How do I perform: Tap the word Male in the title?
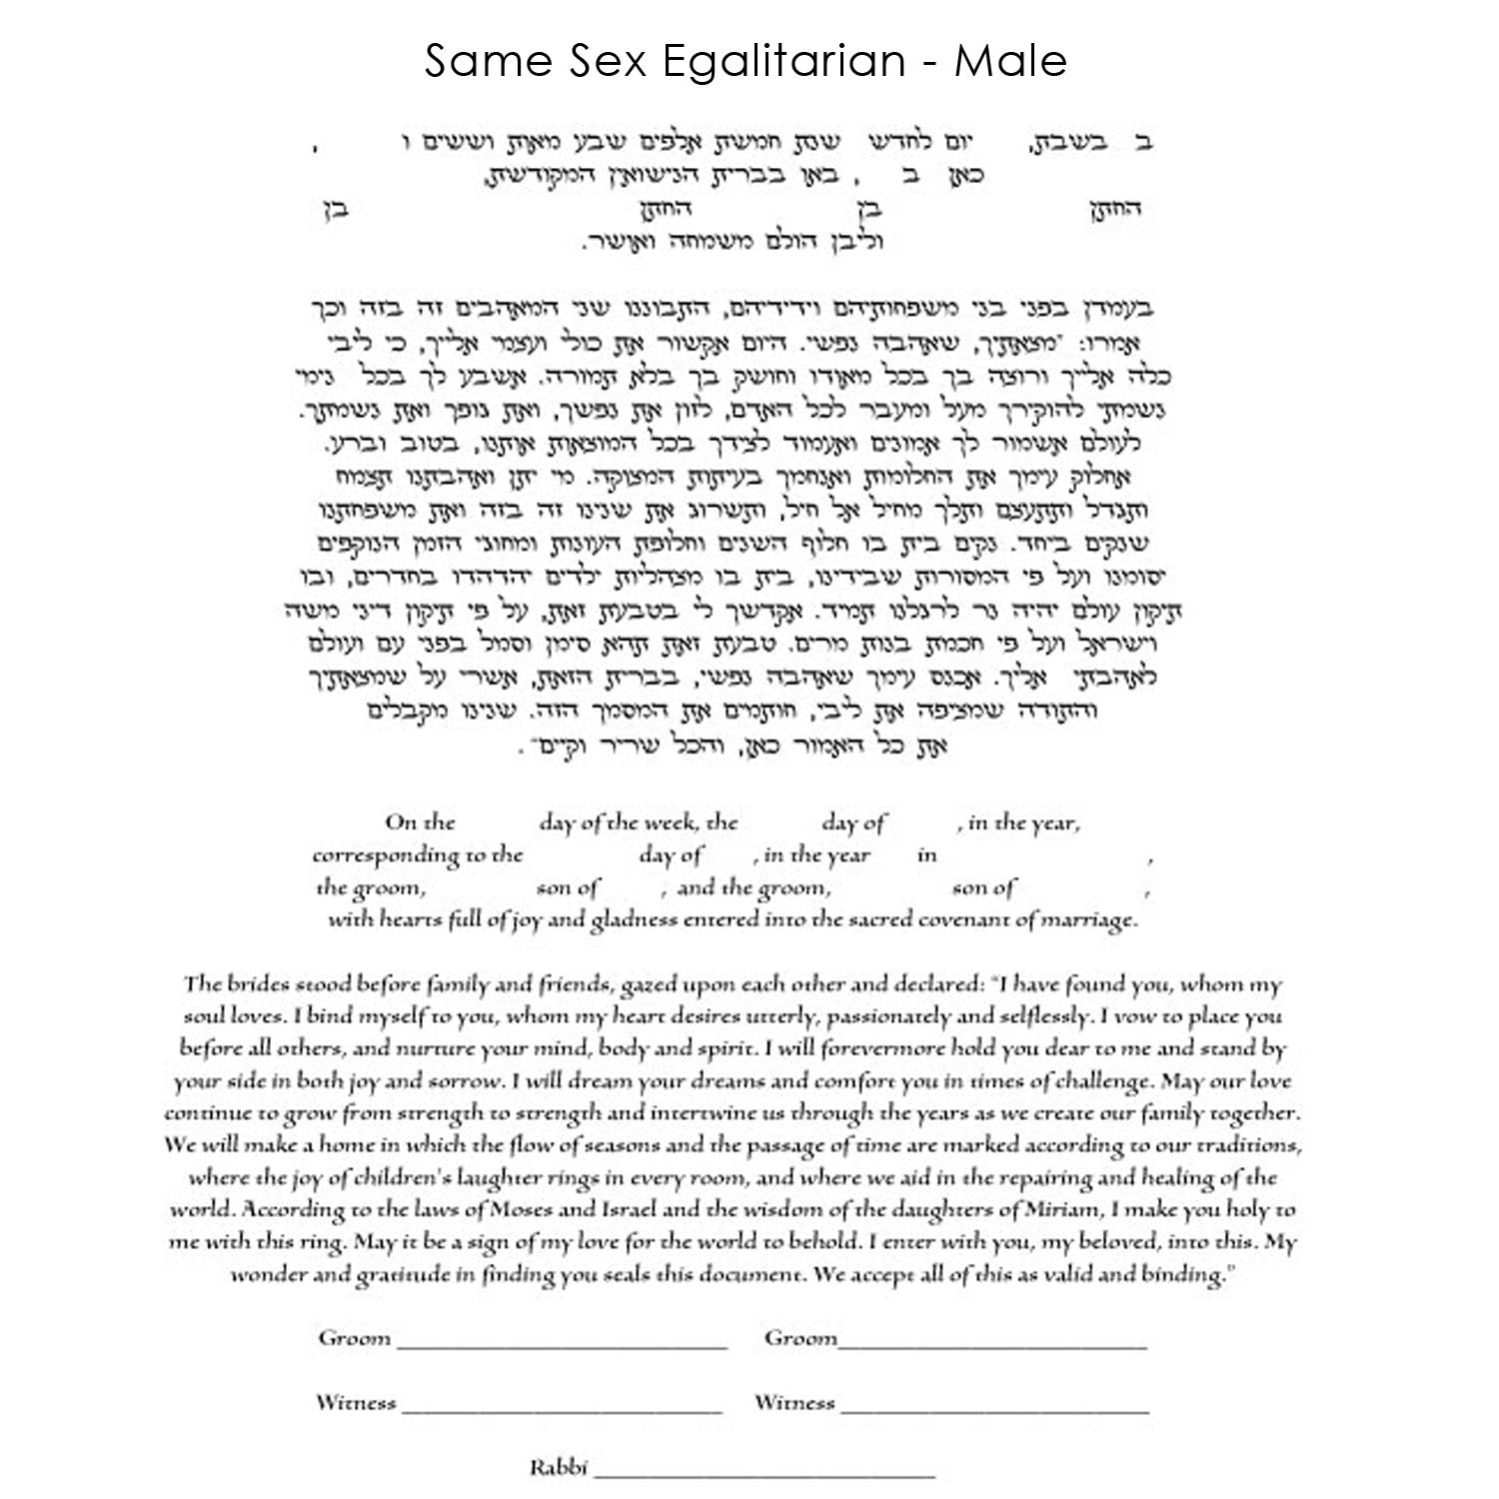coord(1011,62)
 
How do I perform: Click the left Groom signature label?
coord(354,1338)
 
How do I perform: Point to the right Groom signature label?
coord(800,1338)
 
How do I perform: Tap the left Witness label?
coord(356,1403)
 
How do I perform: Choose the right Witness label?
coord(794,1403)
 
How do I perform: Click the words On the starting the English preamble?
coord(420,823)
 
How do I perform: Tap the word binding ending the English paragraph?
coord(1190,1275)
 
